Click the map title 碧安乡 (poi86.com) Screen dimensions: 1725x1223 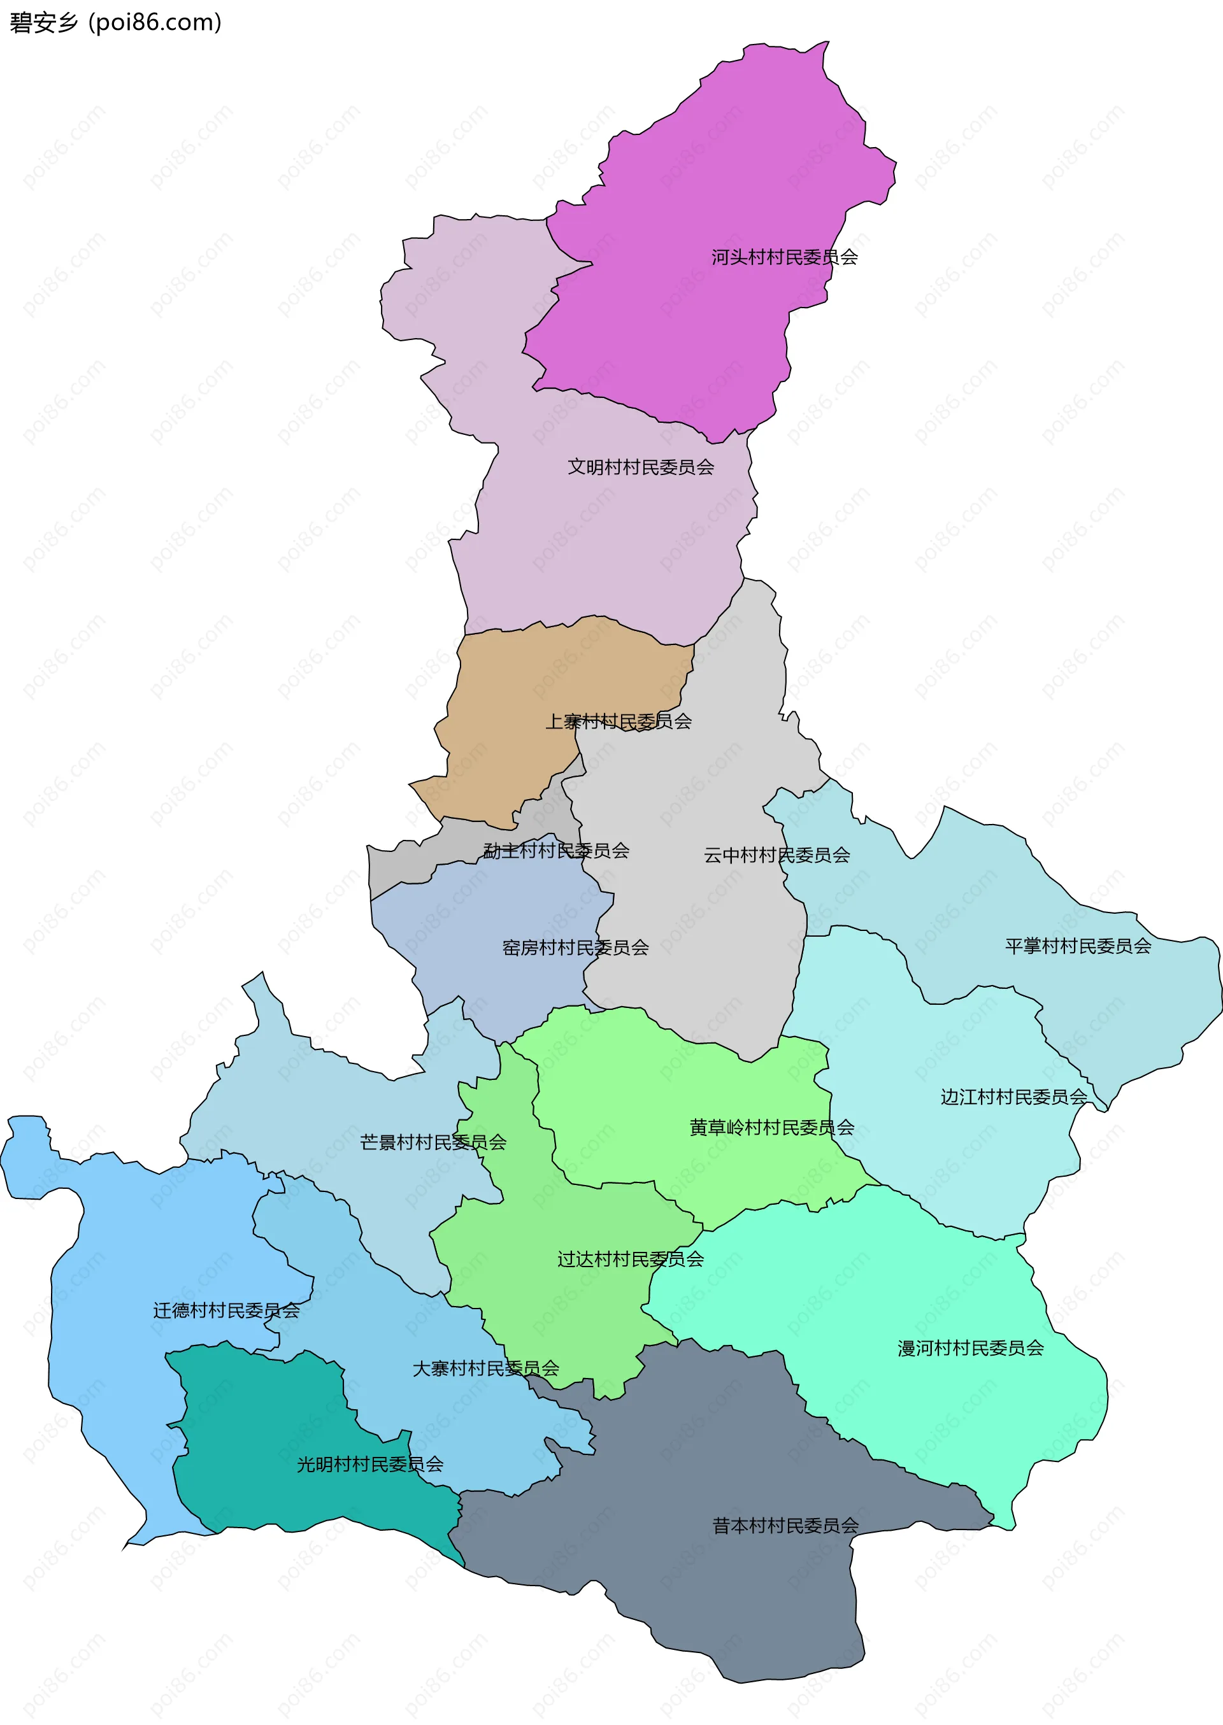(x=115, y=22)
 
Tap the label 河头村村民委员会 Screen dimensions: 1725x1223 (x=784, y=257)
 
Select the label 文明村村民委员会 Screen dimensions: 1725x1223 (x=640, y=467)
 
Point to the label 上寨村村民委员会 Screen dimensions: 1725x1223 (x=619, y=721)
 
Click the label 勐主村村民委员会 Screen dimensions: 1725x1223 (x=556, y=851)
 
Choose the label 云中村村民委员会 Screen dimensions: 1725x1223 (x=776, y=856)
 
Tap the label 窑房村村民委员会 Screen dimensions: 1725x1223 (x=575, y=948)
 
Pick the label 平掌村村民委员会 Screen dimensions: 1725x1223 (x=1078, y=947)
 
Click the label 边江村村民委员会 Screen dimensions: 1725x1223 (x=1013, y=1097)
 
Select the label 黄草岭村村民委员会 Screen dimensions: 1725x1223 (x=772, y=1128)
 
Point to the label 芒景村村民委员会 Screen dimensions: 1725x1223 (x=433, y=1142)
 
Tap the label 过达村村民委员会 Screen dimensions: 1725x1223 (x=631, y=1259)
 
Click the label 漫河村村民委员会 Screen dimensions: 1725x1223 (x=970, y=1348)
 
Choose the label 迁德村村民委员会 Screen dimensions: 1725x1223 (x=226, y=1310)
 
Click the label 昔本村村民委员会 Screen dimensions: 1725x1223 (x=785, y=1526)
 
